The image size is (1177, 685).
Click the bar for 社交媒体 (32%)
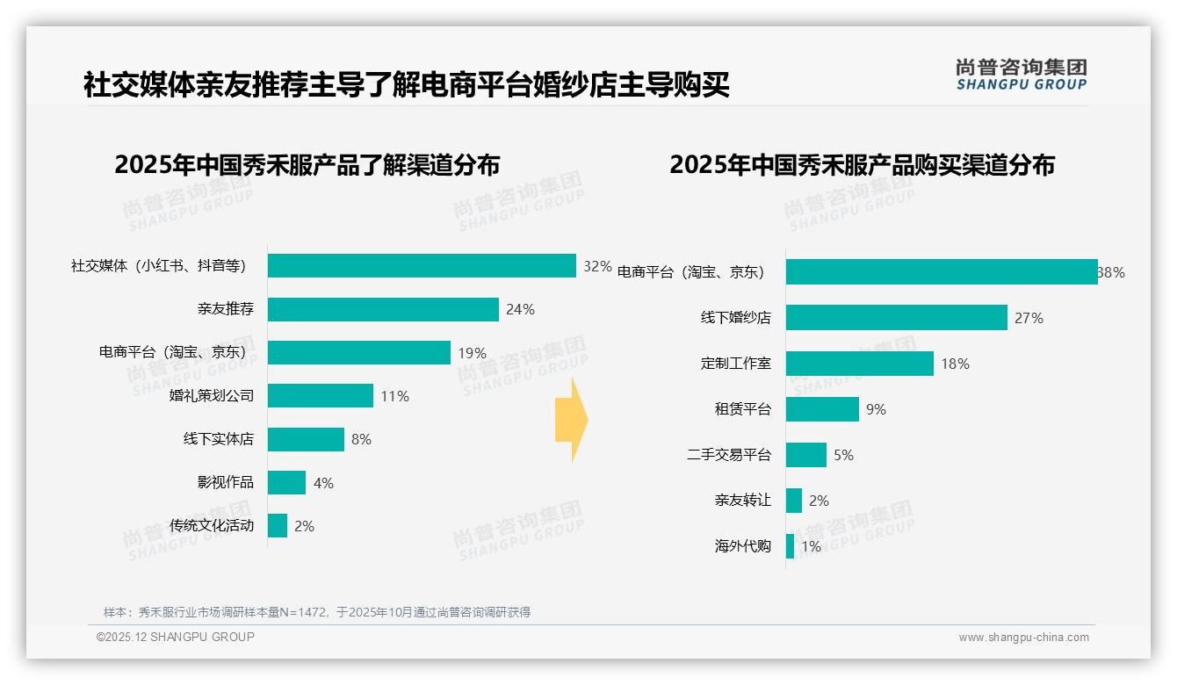tap(422, 266)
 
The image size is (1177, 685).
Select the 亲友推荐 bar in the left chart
tap(383, 309)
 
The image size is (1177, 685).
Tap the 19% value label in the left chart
tap(472, 353)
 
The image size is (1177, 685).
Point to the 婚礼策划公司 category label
tap(212, 396)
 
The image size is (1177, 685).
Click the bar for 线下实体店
tap(306, 439)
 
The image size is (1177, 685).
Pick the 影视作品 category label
tap(226, 482)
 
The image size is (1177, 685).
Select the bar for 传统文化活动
tap(278, 526)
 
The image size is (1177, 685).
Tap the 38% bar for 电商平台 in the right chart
tap(942, 272)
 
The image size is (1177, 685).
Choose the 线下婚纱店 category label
tap(736, 318)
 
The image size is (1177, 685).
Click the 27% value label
tap(1029, 318)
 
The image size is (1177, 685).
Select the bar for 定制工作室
tap(860, 364)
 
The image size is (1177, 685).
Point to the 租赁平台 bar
tap(822, 409)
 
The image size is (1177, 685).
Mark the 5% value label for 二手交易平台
tap(843, 455)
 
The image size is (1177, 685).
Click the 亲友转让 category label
tap(743, 501)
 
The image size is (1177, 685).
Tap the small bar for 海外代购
tap(791, 546)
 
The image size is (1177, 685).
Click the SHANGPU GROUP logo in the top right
tap(1021, 75)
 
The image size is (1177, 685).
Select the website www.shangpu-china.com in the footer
tap(1023, 638)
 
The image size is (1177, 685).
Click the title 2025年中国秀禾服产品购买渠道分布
tap(862, 165)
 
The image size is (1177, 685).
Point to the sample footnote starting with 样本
tap(317, 612)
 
